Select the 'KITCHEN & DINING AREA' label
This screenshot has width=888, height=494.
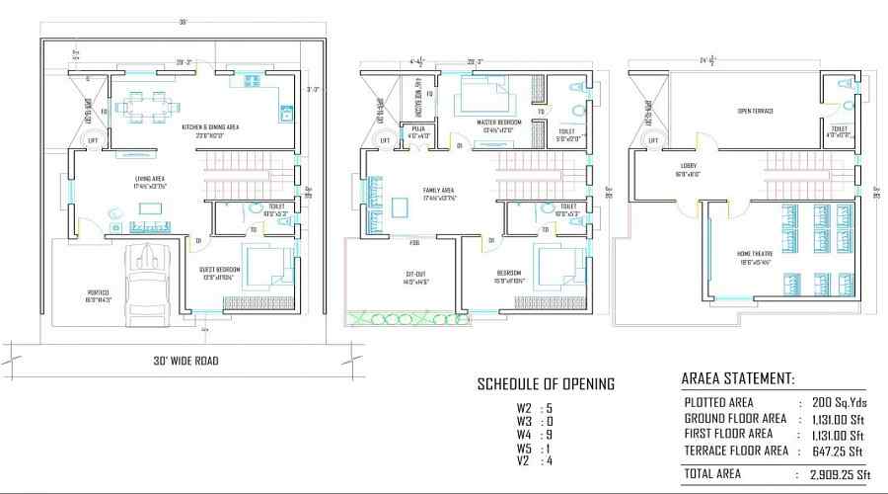(210, 127)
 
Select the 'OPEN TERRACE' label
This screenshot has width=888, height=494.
(755, 111)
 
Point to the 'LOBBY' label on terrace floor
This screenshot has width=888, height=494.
(688, 167)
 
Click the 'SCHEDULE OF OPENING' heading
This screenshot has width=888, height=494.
(546, 383)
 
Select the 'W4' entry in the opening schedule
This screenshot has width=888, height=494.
(523, 435)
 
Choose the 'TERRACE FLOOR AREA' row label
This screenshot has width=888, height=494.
(735, 451)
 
